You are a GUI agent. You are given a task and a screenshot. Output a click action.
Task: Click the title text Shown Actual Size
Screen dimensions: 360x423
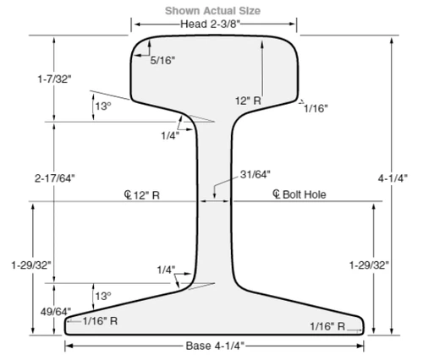click(x=212, y=10)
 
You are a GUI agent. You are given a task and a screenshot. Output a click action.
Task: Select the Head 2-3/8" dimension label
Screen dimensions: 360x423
click(x=212, y=24)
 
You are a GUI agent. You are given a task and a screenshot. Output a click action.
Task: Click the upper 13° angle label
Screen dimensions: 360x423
click(x=102, y=106)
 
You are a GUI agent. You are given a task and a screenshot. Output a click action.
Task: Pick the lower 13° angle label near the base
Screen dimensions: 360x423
click(x=102, y=297)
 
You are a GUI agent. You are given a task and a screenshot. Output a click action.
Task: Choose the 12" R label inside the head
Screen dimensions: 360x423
click(x=250, y=100)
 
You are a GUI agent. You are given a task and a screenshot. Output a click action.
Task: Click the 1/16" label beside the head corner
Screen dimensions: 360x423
click(x=316, y=108)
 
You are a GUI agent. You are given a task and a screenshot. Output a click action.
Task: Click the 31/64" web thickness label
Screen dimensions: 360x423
click(x=255, y=174)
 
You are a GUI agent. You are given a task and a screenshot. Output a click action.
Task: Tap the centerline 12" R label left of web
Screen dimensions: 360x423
click(x=143, y=194)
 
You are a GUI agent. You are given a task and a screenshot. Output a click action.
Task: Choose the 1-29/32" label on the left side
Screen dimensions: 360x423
click(x=32, y=265)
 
